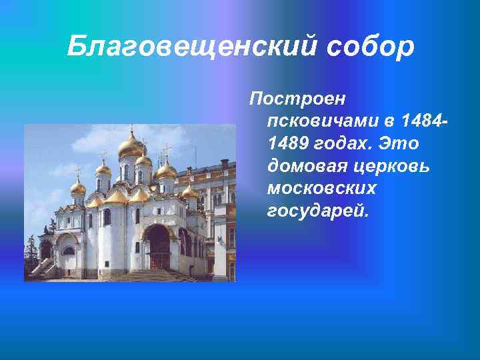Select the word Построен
click(297, 99)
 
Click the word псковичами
click(321, 122)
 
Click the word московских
click(321, 189)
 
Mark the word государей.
click(317, 211)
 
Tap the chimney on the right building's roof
click(224, 164)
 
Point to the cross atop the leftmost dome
click(78, 171)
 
